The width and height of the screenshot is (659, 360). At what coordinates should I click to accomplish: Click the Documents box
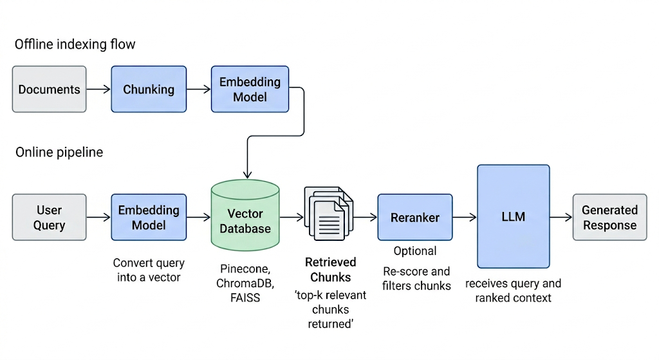(49, 89)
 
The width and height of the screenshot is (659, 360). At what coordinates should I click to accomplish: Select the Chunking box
(149, 89)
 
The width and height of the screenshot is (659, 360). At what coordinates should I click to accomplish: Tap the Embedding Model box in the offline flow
(250, 89)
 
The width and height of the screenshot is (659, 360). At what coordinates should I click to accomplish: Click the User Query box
(49, 217)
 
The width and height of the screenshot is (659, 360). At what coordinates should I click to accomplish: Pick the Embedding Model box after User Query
(149, 217)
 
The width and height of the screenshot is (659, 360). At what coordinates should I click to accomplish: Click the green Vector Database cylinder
(245, 215)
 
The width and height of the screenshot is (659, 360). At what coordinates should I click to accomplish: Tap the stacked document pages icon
(329, 214)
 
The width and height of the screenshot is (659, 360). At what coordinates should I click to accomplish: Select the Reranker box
(415, 217)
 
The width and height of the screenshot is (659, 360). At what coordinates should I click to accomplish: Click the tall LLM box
(513, 216)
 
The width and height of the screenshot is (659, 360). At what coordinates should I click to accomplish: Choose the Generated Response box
(610, 217)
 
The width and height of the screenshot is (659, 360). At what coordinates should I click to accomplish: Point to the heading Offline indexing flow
(75, 44)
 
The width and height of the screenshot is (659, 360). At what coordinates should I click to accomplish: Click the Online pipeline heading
(59, 152)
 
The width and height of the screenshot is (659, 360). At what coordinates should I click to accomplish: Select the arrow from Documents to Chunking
(98, 89)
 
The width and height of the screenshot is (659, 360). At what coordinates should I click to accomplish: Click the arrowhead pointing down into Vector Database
(248, 175)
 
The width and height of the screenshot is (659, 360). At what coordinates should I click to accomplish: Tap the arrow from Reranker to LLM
(465, 217)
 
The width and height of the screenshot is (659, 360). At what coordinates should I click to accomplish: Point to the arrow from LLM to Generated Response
(561, 217)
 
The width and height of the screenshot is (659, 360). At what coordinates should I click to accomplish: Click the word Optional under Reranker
(415, 251)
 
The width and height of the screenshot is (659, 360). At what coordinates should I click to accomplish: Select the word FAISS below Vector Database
(245, 298)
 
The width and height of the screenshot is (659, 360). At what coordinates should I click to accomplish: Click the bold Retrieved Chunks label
(331, 270)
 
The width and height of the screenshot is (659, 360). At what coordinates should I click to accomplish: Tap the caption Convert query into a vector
(149, 270)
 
